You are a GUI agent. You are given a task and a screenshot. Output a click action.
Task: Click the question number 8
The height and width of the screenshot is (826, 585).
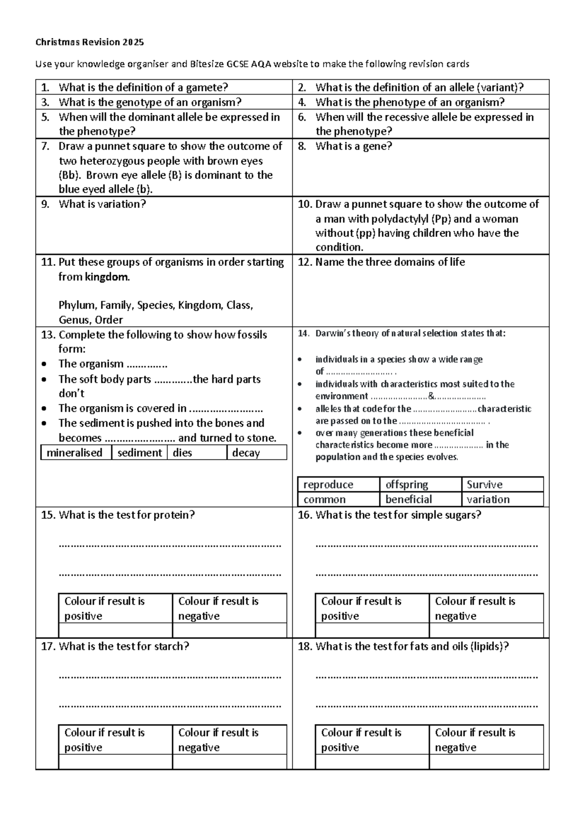click(x=302, y=146)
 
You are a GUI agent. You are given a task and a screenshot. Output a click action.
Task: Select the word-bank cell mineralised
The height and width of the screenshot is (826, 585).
click(x=75, y=452)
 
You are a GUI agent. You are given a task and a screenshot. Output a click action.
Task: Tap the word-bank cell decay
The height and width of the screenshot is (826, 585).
click(x=246, y=452)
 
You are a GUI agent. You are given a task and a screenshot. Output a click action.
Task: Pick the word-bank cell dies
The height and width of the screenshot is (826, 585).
click(x=182, y=452)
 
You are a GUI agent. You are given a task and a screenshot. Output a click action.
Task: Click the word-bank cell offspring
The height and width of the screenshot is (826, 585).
click(x=407, y=485)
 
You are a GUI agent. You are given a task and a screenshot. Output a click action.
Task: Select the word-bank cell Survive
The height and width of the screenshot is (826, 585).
click(x=484, y=485)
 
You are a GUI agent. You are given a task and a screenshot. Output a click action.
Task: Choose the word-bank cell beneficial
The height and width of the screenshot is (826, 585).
click(x=409, y=499)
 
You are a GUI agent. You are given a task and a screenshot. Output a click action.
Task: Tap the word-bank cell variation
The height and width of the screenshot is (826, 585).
click(x=488, y=499)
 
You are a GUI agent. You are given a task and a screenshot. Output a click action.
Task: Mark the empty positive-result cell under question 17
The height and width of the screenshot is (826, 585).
click(x=115, y=762)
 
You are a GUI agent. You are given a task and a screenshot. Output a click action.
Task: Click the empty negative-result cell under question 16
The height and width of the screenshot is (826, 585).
click(x=486, y=630)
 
